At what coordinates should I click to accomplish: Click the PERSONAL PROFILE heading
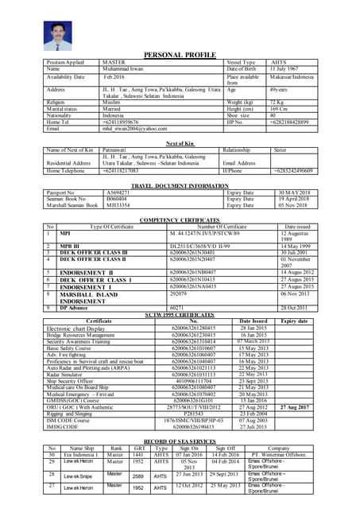pyautogui.click(x=180, y=54)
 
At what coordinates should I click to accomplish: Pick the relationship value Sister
pyautogui.click(x=279, y=150)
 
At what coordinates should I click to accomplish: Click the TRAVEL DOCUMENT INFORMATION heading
pyautogui.click(x=180, y=185)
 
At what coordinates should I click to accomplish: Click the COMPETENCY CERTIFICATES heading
pyautogui.click(x=180, y=218)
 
